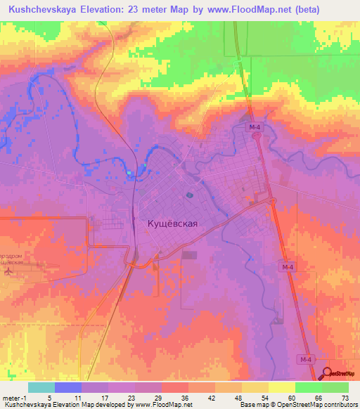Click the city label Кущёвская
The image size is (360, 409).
(172, 223)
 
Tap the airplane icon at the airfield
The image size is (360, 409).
(8, 271)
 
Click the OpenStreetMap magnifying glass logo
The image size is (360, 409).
(328, 374)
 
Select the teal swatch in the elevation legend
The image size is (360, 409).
(41, 387)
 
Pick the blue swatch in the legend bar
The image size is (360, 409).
(68, 387)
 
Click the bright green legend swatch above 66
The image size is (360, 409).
(309, 387)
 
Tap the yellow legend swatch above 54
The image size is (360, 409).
(255, 387)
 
